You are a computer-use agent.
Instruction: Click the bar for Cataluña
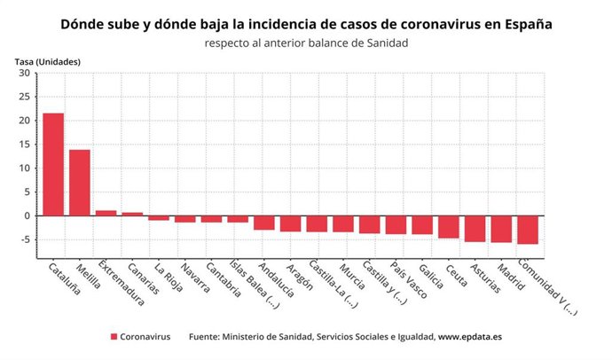[53, 164]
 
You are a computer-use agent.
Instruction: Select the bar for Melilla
[80, 183]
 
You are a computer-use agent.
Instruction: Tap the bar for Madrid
[501, 229]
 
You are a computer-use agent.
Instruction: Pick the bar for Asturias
[475, 228]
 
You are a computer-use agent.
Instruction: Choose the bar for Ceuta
[449, 226]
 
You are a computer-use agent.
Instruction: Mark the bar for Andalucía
[264, 223]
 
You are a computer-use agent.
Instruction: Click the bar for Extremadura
[106, 213]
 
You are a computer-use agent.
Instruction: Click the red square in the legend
[114, 337]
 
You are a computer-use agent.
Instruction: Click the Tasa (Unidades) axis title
[48, 61]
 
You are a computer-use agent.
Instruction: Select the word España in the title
[524, 24]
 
